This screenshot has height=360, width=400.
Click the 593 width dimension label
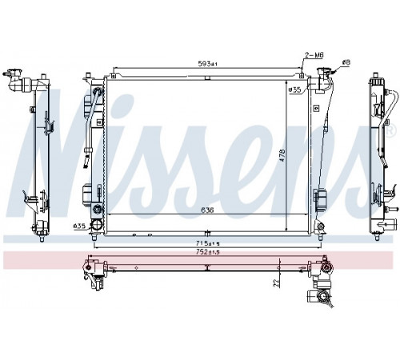click(x=208, y=63)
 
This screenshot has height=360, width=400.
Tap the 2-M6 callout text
click(x=314, y=55)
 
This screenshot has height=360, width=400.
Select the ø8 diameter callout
click(x=346, y=62)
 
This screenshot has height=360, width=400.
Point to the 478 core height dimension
click(x=282, y=155)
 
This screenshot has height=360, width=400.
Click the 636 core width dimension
click(x=207, y=210)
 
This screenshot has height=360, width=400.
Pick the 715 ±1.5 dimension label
click(x=208, y=243)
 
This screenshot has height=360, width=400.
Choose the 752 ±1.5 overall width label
click(x=208, y=252)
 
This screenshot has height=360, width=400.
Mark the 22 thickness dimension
click(x=277, y=282)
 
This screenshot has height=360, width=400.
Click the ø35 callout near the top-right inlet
click(x=294, y=90)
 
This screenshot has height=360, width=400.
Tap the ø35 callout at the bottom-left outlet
click(x=79, y=226)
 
